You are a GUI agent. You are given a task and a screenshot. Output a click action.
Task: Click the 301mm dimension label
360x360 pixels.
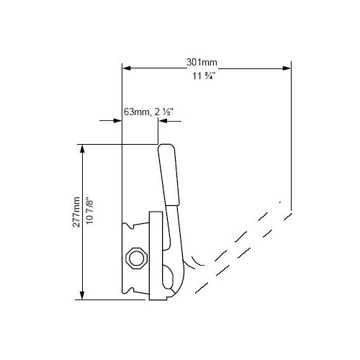(202, 63)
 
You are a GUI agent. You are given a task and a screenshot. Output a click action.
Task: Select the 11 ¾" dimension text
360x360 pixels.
(204, 76)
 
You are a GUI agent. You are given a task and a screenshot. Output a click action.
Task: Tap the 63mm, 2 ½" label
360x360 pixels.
(148, 112)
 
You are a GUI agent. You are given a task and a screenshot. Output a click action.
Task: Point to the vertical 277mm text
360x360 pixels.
(76, 212)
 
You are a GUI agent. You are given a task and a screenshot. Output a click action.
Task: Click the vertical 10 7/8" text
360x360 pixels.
(89, 211)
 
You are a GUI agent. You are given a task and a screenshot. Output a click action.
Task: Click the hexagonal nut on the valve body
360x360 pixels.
(135, 258)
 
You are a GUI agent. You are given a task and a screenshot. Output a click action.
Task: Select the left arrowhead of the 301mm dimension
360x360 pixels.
(127, 68)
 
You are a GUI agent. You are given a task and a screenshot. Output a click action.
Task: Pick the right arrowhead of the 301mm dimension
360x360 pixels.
(287, 68)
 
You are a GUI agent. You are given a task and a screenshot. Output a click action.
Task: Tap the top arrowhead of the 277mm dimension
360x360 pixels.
(82, 149)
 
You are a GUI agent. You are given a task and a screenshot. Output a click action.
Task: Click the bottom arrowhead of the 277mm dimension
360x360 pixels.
(82, 295)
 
